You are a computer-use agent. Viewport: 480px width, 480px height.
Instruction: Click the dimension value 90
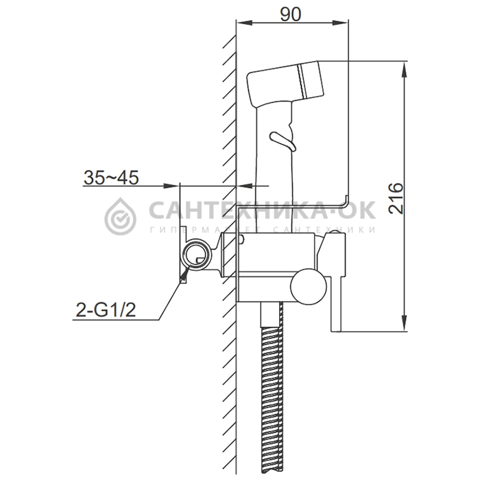pyautogui.click(x=291, y=14)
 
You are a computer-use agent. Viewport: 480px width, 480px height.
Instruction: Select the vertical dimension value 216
pyautogui.click(x=396, y=198)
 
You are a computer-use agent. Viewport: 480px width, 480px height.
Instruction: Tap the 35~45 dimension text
pyautogui.click(x=111, y=178)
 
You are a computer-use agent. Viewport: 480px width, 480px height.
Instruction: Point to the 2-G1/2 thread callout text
pyautogui.click(x=106, y=311)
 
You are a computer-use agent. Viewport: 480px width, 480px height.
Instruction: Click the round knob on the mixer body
pyautogui.click(x=309, y=285)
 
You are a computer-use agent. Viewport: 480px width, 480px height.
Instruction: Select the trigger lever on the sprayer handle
pyautogui.click(x=283, y=141)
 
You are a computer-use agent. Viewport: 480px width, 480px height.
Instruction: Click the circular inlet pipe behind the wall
pyautogui.click(x=197, y=254)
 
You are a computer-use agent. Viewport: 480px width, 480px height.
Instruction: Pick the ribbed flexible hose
pyautogui.click(x=272, y=398)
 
